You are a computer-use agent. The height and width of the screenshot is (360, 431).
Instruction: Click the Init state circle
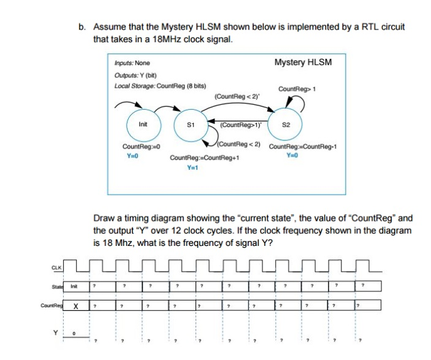coord(142,123)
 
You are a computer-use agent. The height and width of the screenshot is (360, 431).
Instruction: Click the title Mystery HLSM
coord(302,63)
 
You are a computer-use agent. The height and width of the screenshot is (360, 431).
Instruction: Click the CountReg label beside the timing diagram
coord(51,305)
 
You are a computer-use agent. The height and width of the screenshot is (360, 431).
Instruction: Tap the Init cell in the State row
coord(73,286)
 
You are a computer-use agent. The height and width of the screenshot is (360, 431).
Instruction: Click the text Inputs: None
coord(132,63)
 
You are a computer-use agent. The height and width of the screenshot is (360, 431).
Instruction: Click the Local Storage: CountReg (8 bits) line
coord(161,84)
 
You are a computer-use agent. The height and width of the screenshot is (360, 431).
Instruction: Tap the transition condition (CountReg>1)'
coord(240,124)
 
